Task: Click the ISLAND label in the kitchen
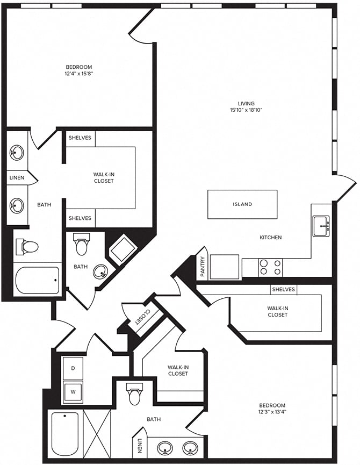click(x=242, y=204)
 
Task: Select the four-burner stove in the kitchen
click(x=270, y=267)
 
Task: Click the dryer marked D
click(x=73, y=368)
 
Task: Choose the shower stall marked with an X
click(x=98, y=433)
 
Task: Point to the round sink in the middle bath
click(x=100, y=271)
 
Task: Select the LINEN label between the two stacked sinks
click(x=17, y=177)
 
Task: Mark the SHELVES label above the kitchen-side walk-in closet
click(x=283, y=290)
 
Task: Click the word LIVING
click(x=247, y=103)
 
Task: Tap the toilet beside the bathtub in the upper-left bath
click(x=28, y=247)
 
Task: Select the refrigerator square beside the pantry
click(x=224, y=267)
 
